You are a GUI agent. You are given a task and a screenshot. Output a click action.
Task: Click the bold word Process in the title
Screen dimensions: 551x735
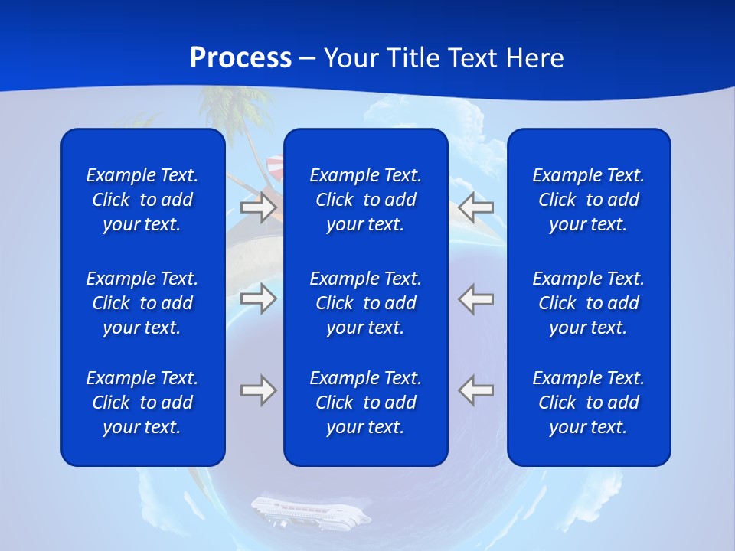point(240,57)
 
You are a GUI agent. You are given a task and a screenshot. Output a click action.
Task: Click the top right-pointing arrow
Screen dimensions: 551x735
point(258,207)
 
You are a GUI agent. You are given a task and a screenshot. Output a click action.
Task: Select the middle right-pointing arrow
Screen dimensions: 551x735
point(258,298)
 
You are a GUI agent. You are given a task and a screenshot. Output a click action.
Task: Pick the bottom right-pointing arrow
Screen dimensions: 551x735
point(258,390)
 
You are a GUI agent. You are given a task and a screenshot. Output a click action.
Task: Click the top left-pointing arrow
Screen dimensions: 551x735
point(476,207)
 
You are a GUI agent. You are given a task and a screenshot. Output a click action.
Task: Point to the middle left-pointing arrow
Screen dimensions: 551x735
point(476,298)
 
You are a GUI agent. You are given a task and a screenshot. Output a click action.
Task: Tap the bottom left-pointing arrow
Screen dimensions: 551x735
point(476,390)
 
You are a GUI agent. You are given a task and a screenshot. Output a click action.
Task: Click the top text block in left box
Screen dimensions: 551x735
point(142,200)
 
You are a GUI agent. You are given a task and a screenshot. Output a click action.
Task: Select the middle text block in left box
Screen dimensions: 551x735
point(142,303)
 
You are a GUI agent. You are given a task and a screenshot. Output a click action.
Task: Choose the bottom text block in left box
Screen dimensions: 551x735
point(142,403)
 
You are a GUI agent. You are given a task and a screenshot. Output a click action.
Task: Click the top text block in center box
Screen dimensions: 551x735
point(365,200)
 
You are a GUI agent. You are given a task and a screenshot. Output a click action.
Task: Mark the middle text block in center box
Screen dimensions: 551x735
point(365,303)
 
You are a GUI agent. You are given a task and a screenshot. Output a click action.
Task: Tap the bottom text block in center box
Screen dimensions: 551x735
point(365,403)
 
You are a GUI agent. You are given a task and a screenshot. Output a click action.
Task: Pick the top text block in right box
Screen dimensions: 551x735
point(588,200)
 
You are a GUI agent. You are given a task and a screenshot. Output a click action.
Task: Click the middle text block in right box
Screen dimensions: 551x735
point(588,303)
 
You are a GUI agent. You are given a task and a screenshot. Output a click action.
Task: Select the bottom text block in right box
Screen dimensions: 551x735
point(588,403)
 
